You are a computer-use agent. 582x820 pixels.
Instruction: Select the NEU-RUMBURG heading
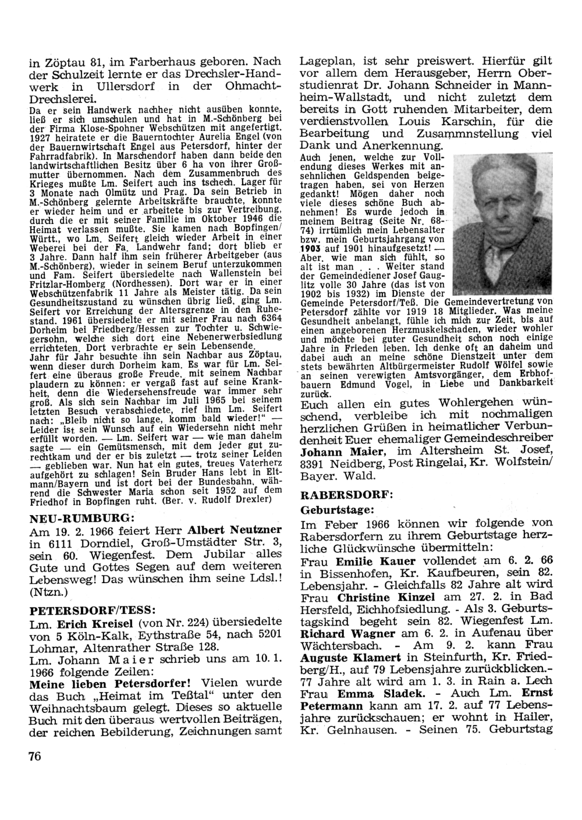(82, 516)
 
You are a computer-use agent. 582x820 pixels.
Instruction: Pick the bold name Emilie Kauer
(376, 562)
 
